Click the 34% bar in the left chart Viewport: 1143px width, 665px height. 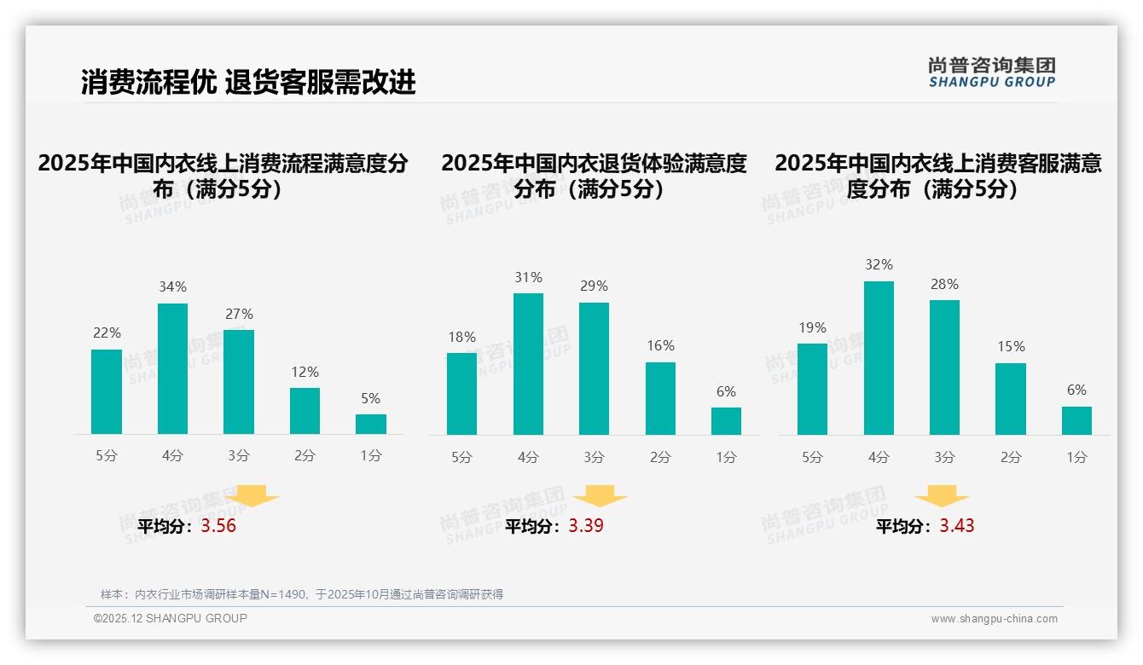click(x=172, y=368)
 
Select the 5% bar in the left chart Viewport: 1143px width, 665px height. click(x=371, y=424)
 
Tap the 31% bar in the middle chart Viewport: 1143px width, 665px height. click(x=528, y=364)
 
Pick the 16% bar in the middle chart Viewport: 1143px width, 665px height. click(x=660, y=398)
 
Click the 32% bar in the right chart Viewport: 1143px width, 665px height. click(x=879, y=358)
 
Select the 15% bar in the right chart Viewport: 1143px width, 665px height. click(x=1011, y=399)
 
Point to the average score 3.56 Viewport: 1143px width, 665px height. click(x=218, y=526)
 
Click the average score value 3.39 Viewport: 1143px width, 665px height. click(x=586, y=526)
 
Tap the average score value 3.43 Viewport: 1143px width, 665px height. click(x=957, y=526)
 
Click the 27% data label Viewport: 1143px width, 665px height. click(x=239, y=314)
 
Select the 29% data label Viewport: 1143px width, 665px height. click(x=595, y=286)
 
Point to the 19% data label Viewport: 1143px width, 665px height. click(x=812, y=328)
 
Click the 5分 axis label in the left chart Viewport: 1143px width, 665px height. click(x=107, y=456)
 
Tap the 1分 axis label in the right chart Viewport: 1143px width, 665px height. click(x=1076, y=458)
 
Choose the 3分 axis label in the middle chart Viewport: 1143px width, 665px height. click(x=595, y=458)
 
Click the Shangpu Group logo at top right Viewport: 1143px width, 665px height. click(x=991, y=72)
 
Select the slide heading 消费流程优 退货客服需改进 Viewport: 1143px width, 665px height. click(x=248, y=82)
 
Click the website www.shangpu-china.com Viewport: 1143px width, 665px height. click(x=994, y=619)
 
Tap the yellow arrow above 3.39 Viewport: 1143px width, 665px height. click(x=600, y=497)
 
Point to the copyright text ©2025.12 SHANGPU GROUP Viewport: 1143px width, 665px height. click(x=171, y=618)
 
